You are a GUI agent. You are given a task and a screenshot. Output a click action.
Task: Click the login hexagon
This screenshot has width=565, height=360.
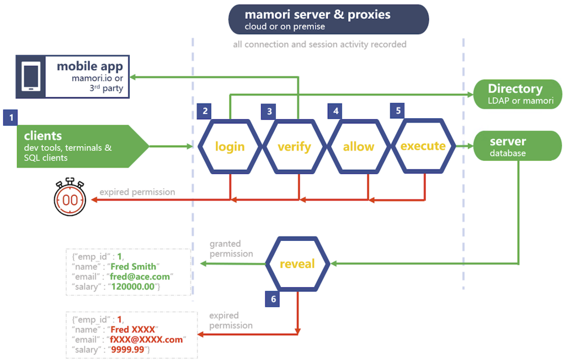(230, 146)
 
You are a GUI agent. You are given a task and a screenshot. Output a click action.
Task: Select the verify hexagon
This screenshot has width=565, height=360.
(294, 146)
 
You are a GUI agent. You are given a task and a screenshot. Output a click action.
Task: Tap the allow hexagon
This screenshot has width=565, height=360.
(359, 146)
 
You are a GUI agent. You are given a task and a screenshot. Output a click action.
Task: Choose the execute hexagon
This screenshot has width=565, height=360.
(423, 146)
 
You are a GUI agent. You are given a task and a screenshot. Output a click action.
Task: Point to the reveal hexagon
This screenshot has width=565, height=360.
(297, 264)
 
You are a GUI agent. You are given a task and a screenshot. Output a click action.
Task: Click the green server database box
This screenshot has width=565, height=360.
(517, 146)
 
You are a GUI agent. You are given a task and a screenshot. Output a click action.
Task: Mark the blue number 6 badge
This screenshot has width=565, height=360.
(273, 299)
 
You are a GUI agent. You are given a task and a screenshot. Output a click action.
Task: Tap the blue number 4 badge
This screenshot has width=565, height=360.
(335, 111)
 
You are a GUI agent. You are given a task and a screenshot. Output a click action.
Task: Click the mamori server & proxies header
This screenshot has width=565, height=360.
(329, 19)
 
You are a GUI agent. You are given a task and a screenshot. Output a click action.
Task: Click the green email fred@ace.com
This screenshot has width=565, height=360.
(141, 277)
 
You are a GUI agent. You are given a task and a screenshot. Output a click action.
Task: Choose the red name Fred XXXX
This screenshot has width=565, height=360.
(133, 330)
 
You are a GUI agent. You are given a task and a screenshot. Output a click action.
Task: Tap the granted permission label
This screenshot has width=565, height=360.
(231, 248)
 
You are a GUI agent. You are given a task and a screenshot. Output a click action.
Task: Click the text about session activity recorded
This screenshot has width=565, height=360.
(319, 44)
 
